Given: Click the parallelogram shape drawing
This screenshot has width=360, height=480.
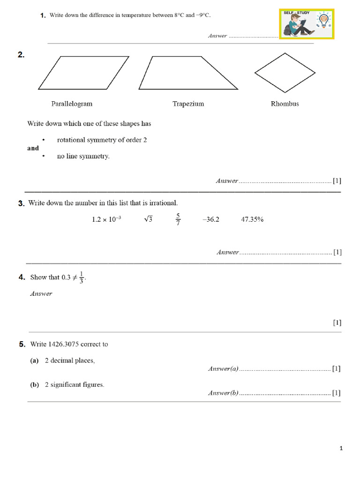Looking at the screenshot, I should (x=83, y=73).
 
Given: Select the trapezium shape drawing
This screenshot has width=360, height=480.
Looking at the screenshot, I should (x=188, y=73).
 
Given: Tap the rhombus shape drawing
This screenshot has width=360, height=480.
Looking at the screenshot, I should (x=285, y=73).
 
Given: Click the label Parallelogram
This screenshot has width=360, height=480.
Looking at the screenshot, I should (x=72, y=104).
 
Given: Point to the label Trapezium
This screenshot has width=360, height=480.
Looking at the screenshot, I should (x=188, y=104).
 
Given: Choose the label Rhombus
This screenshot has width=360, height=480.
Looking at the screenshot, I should (x=285, y=104).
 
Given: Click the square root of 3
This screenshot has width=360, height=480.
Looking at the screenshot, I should (x=148, y=219).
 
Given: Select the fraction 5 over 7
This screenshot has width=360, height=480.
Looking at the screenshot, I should (x=178, y=219).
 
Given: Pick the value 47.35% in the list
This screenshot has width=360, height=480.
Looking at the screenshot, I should (x=252, y=219).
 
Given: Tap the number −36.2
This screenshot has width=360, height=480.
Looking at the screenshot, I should (x=210, y=219).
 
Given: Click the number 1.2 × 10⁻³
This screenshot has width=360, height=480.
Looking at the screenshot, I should (x=106, y=219).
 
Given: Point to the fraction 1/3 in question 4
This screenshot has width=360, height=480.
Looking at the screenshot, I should (x=81, y=277).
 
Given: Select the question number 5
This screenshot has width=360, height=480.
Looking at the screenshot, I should (x=22, y=344).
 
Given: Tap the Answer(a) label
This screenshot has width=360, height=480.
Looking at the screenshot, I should (x=223, y=369).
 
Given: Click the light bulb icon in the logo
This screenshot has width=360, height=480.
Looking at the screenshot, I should (x=324, y=21).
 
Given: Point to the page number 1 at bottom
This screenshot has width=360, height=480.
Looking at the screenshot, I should (x=341, y=449).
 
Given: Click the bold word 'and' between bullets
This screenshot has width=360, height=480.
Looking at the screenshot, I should (x=33, y=148).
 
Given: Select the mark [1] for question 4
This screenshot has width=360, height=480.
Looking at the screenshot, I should (x=337, y=322).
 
